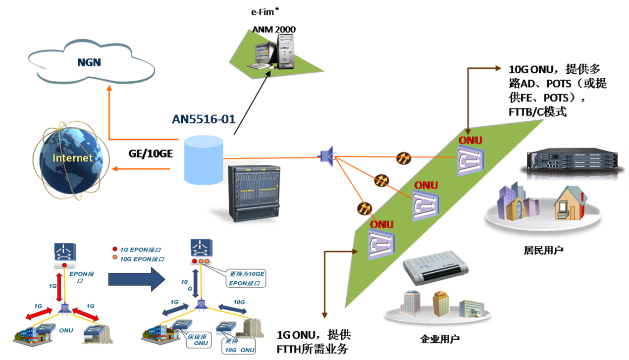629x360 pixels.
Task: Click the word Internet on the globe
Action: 73,158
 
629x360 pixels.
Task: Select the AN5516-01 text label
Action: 203,119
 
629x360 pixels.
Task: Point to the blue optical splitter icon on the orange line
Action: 326,155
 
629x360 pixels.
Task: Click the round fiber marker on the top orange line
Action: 403,158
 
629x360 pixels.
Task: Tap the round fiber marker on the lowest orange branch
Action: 364,207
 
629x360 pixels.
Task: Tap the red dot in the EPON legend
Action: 115,249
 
